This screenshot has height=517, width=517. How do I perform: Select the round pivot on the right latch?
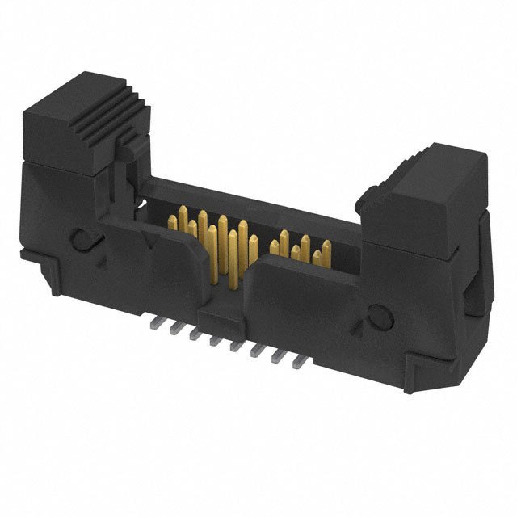[380, 320]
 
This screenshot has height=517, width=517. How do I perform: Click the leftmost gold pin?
[172, 221]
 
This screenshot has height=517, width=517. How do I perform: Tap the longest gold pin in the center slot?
[233, 258]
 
